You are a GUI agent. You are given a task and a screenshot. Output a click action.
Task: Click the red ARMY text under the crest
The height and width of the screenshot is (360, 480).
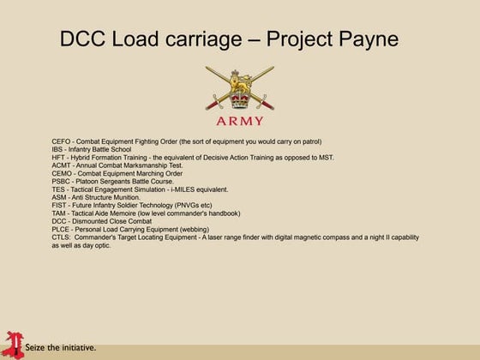pyautogui.click(x=239, y=122)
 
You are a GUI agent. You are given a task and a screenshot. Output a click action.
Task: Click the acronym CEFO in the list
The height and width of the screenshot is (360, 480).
pyautogui.click(x=62, y=141)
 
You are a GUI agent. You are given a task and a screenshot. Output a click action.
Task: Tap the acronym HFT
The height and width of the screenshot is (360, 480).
pyautogui.click(x=58, y=157)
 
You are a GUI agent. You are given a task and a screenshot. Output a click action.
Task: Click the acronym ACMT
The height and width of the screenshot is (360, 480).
pyautogui.click(x=62, y=165)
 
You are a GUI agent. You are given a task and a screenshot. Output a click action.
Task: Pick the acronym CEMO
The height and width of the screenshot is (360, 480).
pyautogui.click(x=63, y=173)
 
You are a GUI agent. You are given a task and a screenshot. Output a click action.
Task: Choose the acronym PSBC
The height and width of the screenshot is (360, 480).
pyautogui.click(x=62, y=181)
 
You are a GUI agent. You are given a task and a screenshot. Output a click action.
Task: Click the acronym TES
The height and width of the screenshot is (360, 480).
pyautogui.click(x=58, y=189)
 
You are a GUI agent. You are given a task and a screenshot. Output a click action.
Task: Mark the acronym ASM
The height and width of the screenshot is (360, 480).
pyautogui.click(x=59, y=197)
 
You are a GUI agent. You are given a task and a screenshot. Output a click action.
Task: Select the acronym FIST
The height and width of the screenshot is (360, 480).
pyautogui.click(x=59, y=205)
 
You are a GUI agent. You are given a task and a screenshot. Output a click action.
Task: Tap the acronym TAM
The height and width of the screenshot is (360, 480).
pyautogui.click(x=58, y=213)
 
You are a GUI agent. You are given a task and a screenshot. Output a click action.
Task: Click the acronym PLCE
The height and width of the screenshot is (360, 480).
pyautogui.click(x=61, y=229)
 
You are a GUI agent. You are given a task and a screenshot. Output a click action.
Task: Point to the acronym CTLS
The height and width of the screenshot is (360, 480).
pyautogui.click(x=62, y=237)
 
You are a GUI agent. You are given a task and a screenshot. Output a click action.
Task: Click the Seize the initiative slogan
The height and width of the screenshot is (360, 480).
pyautogui.click(x=60, y=349)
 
